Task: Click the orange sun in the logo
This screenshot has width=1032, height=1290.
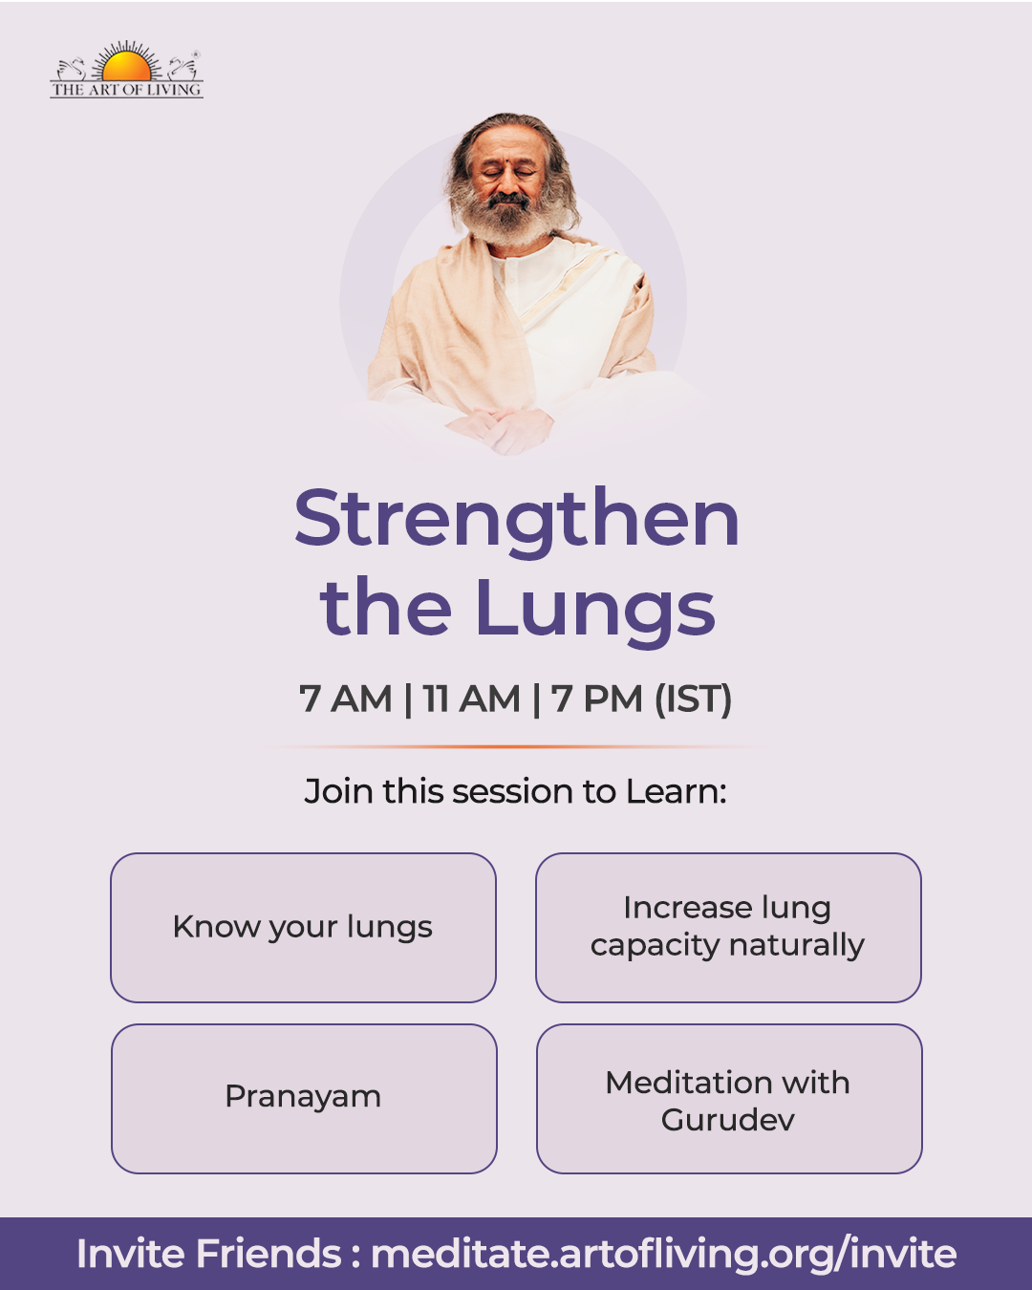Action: (x=126, y=67)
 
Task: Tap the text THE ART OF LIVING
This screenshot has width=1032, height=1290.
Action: (x=126, y=90)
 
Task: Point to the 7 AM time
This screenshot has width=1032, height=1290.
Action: (x=345, y=699)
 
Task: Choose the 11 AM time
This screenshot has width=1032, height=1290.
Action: (x=471, y=699)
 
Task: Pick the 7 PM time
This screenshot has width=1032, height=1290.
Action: (x=597, y=699)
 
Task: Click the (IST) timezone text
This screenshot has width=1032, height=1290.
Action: (x=693, y=699)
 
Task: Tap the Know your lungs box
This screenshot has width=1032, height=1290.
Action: (x=304, y=927)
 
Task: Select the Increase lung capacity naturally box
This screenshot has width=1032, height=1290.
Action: (x=728, y=927)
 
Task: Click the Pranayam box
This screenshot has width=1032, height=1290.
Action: (x=304, y=1098)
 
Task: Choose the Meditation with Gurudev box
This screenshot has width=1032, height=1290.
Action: (x=729, y=1098)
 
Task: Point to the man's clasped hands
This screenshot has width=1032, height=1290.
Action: (x=500, y=429)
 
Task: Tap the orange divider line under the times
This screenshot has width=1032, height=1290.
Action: (x=516, y=747)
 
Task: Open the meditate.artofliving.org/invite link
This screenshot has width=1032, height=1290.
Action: (x=664, y=1255)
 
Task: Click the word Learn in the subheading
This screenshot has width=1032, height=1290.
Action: (x=677, y=791)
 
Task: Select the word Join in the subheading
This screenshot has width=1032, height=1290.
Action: (x=339, y=792)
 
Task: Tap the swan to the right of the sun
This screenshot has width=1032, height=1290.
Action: (x=183, y=69)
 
